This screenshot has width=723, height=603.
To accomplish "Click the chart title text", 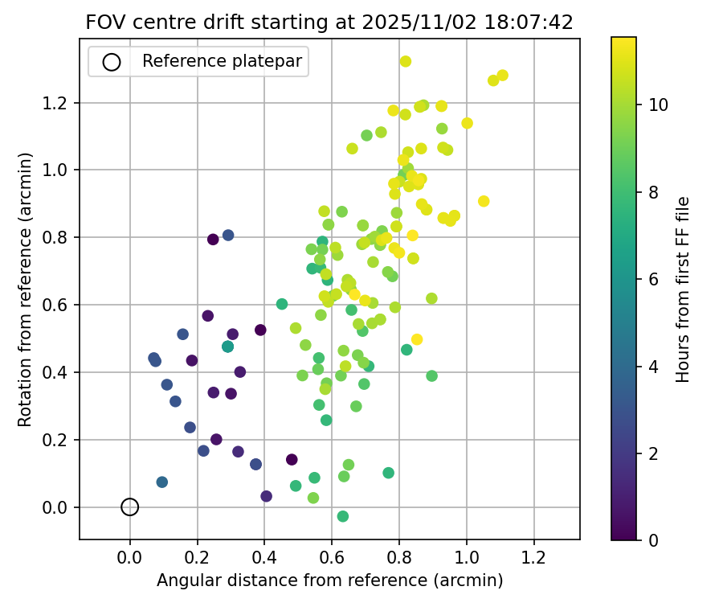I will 329,23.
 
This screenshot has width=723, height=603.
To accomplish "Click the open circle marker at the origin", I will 130,507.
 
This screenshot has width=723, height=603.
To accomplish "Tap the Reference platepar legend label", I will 223,61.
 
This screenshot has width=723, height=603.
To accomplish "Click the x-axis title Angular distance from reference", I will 329,580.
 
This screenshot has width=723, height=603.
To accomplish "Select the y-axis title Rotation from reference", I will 25,289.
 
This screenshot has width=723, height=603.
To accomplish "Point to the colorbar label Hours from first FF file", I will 683,289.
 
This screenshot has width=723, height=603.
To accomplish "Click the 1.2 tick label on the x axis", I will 534,556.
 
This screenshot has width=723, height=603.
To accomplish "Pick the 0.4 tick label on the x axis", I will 264,556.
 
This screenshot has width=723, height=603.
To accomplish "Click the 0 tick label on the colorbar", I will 653,539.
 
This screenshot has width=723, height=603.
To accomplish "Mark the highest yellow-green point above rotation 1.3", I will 406,61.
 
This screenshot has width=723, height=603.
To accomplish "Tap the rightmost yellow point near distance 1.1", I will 503,76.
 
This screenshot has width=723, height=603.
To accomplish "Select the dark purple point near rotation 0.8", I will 213,239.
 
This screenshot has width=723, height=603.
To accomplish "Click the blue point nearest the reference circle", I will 162,482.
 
